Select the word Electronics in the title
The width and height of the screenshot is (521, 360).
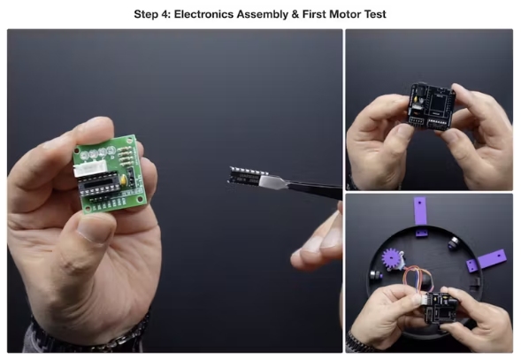pyautogui.click(x=203, y=14)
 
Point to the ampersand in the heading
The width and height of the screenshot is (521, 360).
pyautogui.click(x=295, y=14)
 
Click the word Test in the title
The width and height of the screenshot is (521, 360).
pyautogui.click(x=375, y=14)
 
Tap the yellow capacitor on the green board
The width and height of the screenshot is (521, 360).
pyautogui.click(x=124, y=180)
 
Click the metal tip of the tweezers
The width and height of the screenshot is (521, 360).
pyautogui.click(x=271, y=182)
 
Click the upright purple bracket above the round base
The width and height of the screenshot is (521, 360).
pyautogui.click(x=420, y=211)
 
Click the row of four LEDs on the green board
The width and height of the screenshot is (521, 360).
pyautogui.click(x=97, y=152)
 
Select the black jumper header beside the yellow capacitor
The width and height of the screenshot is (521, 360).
pyautogui.click(x=131, y=177)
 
